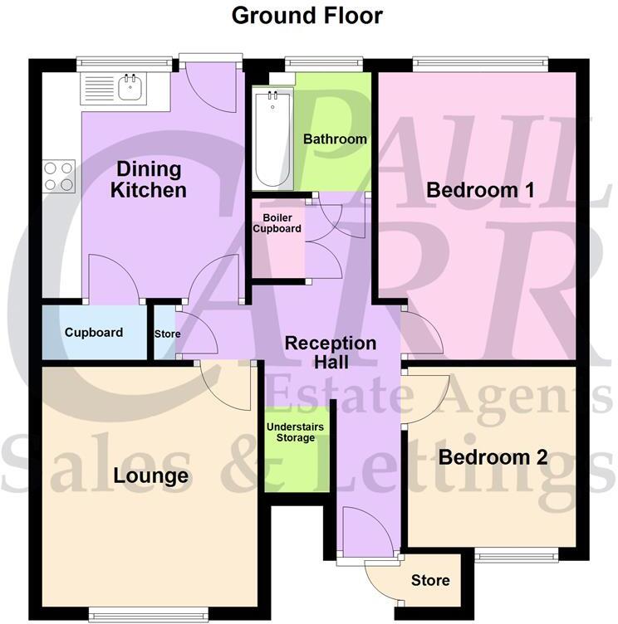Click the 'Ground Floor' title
307,15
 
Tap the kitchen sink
129,85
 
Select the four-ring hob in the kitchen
59,176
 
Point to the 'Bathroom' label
335,139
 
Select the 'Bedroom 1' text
479,189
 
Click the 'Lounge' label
151,476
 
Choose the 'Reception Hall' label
330,353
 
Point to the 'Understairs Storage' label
296,432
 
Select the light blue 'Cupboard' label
94,333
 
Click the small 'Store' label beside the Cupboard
167,334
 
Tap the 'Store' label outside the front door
430,580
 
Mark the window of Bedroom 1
479,61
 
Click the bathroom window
323,61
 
